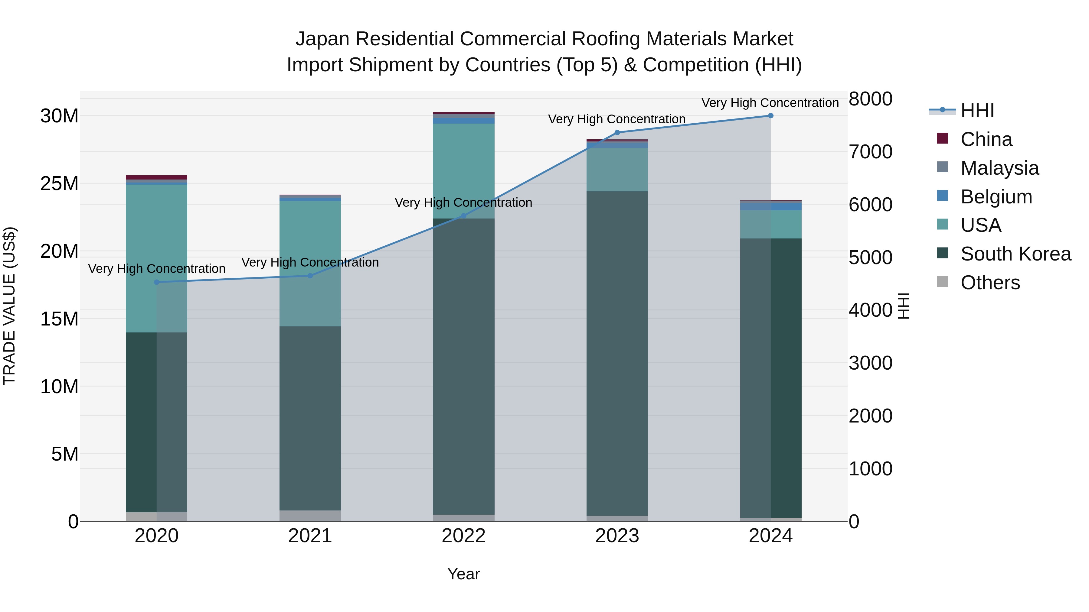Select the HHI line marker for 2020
click(156, 282)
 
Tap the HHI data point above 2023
click(617, 133)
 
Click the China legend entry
click(986, 139)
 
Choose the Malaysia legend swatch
click(942, 167)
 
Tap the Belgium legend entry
click(996, 197)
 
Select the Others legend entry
click(990, 283)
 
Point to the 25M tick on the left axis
click(60, 184)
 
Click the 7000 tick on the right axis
click(870, 152)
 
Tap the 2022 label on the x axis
click(463, 536)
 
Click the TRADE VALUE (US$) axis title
click(9, 306)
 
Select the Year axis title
click(463, 574)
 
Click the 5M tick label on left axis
click(65, 454)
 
